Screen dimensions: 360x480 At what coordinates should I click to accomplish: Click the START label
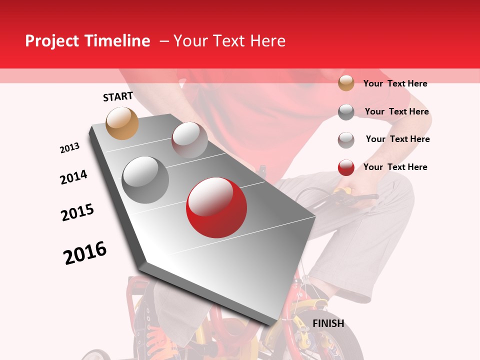click(118, 96)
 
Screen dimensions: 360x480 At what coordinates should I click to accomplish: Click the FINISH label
click(328, 323)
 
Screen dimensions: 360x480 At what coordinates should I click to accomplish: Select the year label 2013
click(69, 148)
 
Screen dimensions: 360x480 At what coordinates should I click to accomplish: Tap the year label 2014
click(73, 177)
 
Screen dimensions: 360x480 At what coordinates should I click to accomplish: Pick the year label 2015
click(77, 212)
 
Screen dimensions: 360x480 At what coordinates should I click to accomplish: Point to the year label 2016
click(85, 253)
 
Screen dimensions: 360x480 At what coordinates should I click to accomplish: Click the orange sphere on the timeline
click(122, 123)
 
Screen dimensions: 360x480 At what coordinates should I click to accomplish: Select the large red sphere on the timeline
click(216, 207)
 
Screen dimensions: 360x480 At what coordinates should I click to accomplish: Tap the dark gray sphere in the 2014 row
click(145, 180)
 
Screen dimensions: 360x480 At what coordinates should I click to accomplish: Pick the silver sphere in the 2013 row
click(189, 139)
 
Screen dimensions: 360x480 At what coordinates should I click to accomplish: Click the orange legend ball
click(346, 83)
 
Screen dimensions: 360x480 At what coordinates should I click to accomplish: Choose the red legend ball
click(346, 167)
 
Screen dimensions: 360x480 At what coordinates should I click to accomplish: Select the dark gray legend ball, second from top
click(346, 112)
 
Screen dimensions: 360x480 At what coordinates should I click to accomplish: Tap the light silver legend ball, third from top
click(346, 140)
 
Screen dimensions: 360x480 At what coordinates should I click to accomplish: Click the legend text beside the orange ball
click(395, 83)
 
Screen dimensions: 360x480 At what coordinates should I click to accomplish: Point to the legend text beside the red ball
click(395, 167)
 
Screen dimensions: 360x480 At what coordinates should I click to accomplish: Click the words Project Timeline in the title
click(87, 41)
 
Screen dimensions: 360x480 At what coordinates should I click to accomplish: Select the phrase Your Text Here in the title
click(229, 41)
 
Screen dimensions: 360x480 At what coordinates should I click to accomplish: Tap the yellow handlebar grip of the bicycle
click(343, 190)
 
